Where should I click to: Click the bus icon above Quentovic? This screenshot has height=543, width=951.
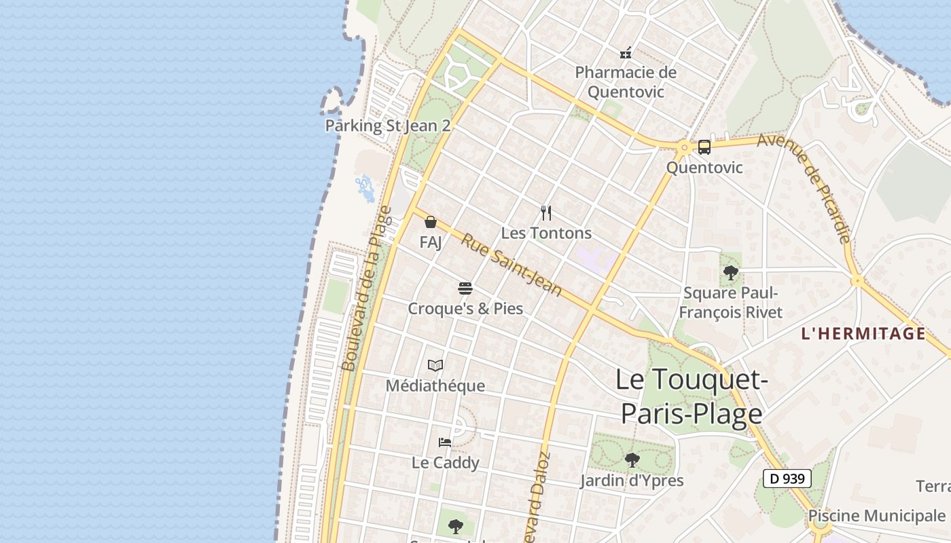click(x=704, y=147)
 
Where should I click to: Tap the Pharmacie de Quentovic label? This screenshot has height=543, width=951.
click(x=626, y=82)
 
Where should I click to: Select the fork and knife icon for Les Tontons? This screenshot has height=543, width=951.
click(x=546, y=213)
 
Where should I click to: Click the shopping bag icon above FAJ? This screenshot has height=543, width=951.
click(x=431, y=222)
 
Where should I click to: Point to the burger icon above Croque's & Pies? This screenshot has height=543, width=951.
click(x=465, y=288)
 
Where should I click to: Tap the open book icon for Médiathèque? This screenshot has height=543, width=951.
click(x=435, y=366)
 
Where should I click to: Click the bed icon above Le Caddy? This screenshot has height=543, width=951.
click(x=445, y=443)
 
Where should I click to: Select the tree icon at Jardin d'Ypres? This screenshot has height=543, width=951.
click(x=632, y=460)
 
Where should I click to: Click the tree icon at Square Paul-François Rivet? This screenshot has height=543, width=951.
click(x=731, y=273)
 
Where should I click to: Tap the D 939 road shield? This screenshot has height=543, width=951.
click(x=787, y=479)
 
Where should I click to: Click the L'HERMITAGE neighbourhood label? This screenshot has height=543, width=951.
click(x=863, y=333)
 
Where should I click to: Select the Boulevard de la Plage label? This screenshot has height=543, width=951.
click(x=367, y=288)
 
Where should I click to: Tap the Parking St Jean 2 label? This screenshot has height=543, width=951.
click(x=387, y=126)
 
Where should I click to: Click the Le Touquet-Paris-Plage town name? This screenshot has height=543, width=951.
click(x=692, y=396)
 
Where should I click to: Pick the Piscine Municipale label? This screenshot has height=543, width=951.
click(x=876, y=515)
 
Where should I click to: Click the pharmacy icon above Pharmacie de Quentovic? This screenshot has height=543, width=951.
click(x=626, y=52)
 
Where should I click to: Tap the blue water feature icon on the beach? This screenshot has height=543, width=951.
click(x=365, y=188)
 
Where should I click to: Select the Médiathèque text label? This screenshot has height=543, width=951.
click(x=435, y=386)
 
